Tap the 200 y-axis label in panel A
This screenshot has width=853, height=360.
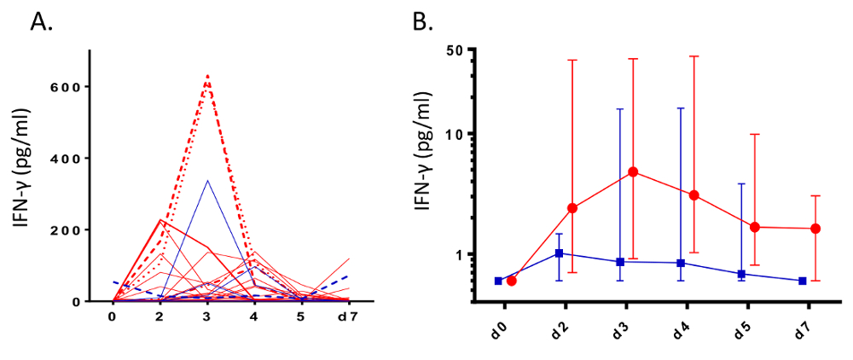70,230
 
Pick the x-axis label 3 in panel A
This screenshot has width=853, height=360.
207,317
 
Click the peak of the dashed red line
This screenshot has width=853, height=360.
207,76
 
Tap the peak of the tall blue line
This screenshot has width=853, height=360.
207,180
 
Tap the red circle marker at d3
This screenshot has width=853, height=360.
634,171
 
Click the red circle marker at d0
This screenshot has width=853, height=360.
512,281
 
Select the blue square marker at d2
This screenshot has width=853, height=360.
559,253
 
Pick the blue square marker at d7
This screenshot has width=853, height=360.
803,281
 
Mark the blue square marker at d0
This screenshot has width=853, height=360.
498,281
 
